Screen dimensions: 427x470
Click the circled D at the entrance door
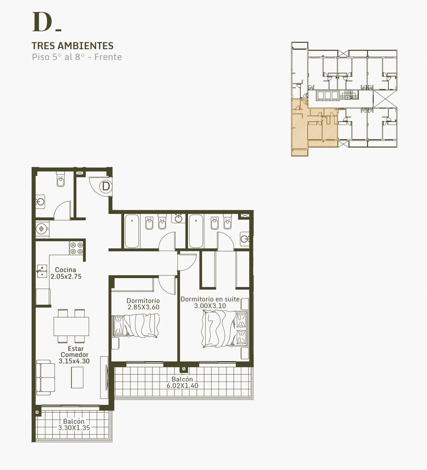coord(106,186)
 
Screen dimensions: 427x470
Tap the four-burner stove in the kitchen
coord(77,248)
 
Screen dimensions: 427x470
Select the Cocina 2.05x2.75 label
coord(66,273)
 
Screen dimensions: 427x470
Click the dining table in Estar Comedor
coord(71,326)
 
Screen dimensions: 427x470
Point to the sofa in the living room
coord(46,377)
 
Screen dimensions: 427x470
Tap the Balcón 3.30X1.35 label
coord(74,424)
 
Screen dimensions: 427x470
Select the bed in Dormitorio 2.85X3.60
coord(136,326)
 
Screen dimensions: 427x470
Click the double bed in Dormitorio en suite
coord(224,329)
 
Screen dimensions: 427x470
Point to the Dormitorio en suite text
coord(210,299)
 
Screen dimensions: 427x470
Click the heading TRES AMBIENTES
coord(72,46)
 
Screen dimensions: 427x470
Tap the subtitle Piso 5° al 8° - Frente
coord(77,57)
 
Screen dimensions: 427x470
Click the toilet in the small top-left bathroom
coord(60,179)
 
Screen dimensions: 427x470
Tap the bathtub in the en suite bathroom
coord(196,231)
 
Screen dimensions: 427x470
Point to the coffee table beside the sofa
coord(77,377)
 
